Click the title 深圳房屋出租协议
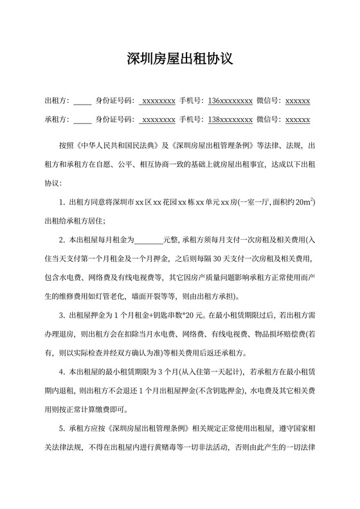pyautogui.click(x=179, y=60)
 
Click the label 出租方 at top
pyautogui.click(x=56, y=101)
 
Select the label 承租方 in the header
pyautogui.click(x=56, y=120)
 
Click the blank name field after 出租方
pyautogui.click(x=82, y=102)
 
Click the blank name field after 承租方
pyautogui.click(x=82, y=120)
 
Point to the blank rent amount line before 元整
pyautogui.click(x=149, y=240)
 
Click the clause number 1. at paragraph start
pyautogui.click(x=62, y=202)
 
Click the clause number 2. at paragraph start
pyautogui.click(x=62, y=240)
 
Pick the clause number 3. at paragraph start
pyautogui.click(x=62, y=316)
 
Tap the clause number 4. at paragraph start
pyautogui.click(x=62, y=372)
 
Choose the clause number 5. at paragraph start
pyautogui.click(x=62, y=429)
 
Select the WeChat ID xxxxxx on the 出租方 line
pyautogui.click(x=297, y=101)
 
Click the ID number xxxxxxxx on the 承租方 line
pyautogui.click(x=158, y=120)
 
